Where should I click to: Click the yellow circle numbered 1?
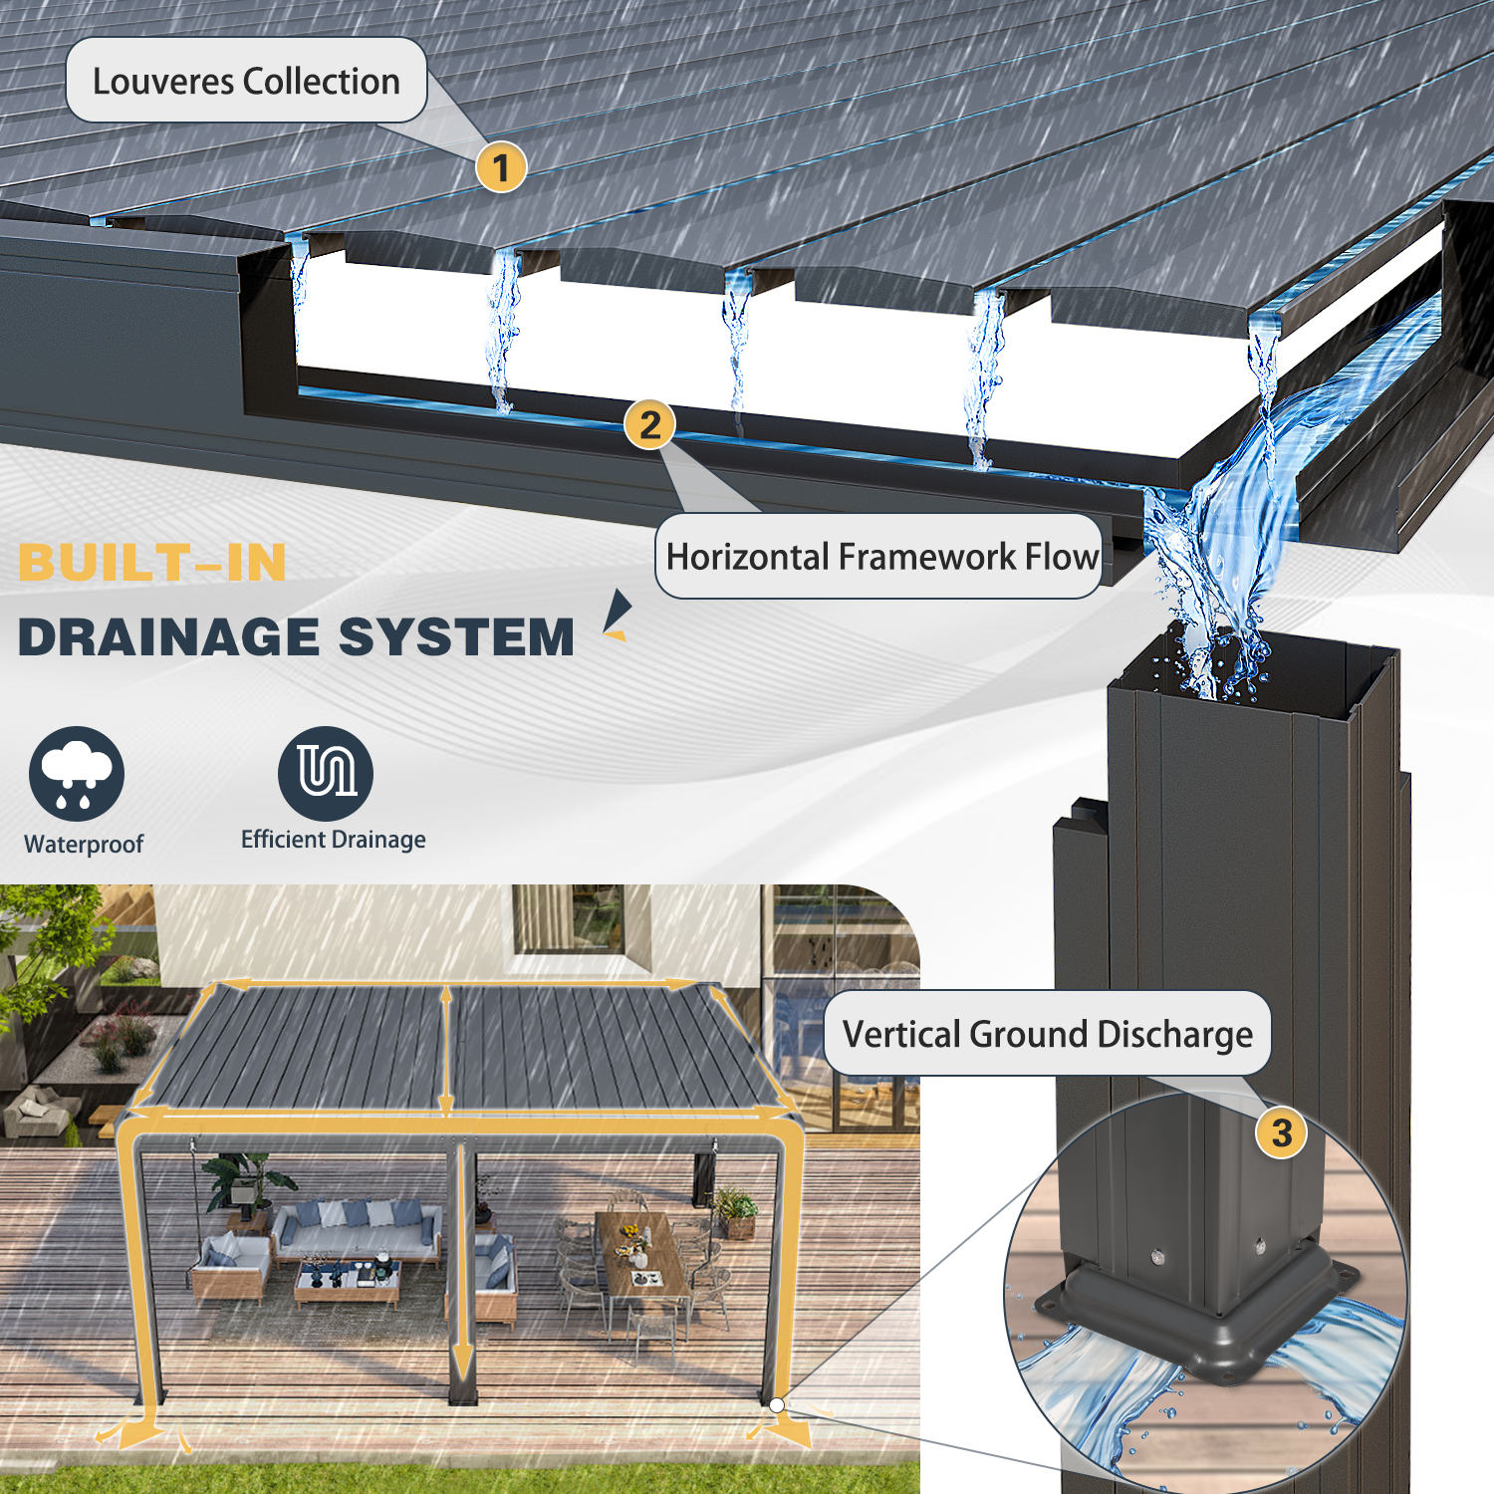click(x=501, y=167)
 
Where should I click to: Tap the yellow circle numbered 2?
click(x=650, y=424)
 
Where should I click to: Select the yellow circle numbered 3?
click(x=1282, y=1132)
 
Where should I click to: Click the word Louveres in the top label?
click(x=164, y=82)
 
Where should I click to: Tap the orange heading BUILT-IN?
click(x=152, y=563)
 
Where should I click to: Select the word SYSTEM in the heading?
click(x=457, y=637)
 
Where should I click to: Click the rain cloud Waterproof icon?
click(x=77, y=774)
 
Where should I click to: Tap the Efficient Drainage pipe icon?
click(x=326, y=774)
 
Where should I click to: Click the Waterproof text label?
click(x=84, y=845)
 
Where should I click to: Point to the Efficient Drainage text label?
click(x=334, y=840)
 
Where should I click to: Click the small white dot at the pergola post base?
click(x=777, y=1405)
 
